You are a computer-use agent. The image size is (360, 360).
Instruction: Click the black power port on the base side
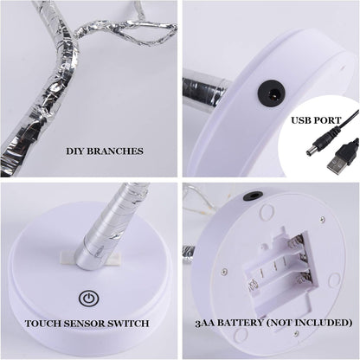point(272,93)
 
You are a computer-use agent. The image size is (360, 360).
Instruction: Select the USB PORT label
point(319,121)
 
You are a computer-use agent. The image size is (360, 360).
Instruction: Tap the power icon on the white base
point(87,299)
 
